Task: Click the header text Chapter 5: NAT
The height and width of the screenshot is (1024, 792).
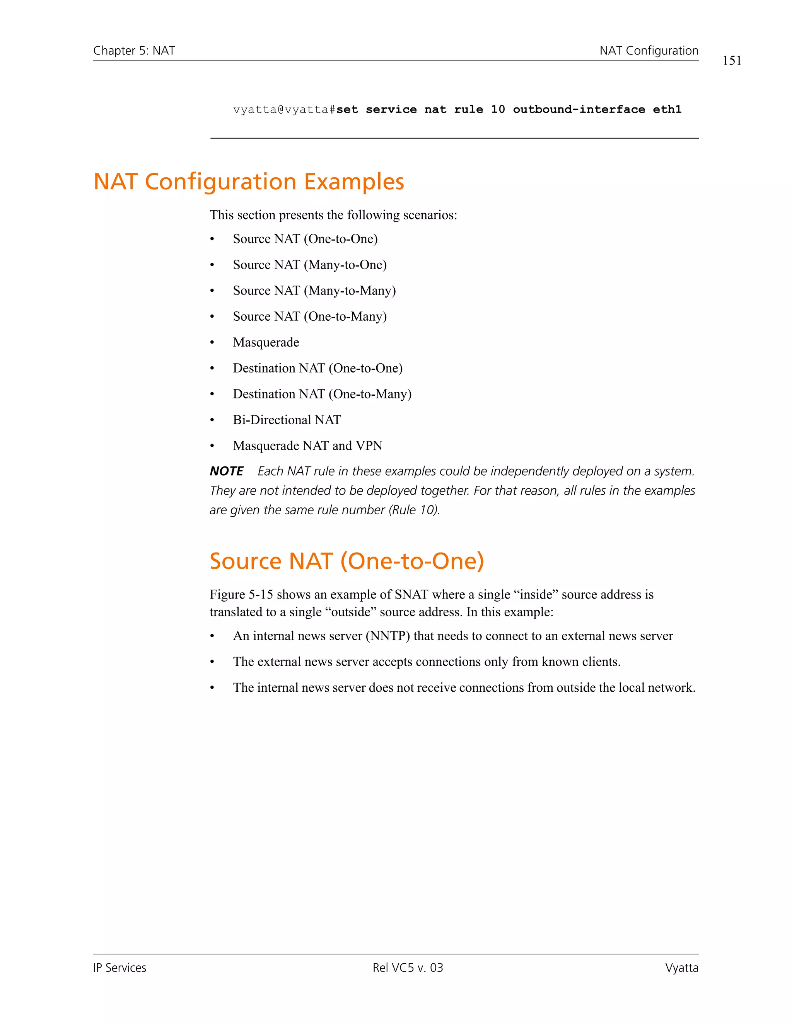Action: click(134, 51)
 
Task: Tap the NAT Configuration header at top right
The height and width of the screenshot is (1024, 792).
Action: click(649, 51)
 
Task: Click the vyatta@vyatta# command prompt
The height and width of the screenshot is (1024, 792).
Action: click(284, 110)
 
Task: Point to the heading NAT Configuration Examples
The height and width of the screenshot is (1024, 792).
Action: click(249, 182)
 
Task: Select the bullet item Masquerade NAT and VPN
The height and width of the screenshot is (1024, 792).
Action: click(307, 446)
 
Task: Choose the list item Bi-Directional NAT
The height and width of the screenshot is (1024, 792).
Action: click(287, 420)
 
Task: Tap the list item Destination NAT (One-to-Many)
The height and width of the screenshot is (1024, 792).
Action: click(322, 394)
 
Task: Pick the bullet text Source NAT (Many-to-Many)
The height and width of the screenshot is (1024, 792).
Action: click(314, 291)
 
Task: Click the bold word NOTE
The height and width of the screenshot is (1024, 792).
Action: click(227, 471)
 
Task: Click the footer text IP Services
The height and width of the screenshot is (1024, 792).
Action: click(119, 968)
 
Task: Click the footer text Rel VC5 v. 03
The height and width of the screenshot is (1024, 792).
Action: click(407, 968)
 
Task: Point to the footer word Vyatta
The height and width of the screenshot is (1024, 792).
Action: click(681, 968)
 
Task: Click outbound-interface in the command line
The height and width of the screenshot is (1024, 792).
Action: click(579, 110)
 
